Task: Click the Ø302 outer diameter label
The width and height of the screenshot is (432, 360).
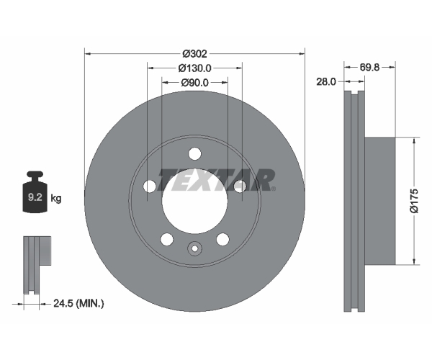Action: point(194,54)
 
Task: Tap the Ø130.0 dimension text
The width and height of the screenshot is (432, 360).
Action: point(194,68)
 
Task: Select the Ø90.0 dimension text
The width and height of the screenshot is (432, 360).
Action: point(194,82)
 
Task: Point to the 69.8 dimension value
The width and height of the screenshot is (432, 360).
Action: point(369,67)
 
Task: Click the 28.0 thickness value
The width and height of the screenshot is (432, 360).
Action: point(326,81)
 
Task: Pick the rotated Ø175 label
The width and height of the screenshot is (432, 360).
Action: point(414,201)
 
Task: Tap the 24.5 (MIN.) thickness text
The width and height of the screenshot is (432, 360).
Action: point(78,304)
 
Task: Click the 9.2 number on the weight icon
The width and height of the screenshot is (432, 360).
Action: point(35,197)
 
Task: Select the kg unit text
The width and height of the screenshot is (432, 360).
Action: point(56,198)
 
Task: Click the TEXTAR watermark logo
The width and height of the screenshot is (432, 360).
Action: point(217,180)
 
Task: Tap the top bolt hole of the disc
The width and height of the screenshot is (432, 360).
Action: point(195,153)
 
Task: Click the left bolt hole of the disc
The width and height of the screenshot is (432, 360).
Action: point(150,186)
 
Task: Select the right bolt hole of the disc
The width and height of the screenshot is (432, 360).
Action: point(240,186)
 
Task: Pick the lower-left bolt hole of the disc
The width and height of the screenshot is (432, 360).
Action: point(167,239)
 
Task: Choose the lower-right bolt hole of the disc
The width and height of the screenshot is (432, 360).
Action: point(222,239)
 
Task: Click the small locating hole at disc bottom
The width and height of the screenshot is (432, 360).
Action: point(195,248)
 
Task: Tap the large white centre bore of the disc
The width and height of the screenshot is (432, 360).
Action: point(195,202)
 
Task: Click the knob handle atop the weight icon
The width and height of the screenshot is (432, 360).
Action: point(35,176)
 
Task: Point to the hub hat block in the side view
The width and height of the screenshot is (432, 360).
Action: point(380,201)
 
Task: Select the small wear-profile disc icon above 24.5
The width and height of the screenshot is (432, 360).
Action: point(37,265)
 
